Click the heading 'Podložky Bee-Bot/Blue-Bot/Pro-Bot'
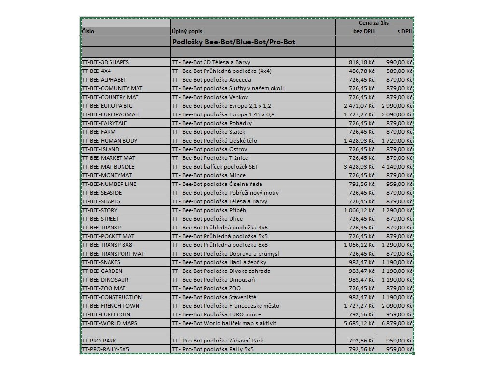(x=233, y=42)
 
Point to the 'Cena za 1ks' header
(x=374, y=23)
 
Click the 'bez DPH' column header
(x=364, y=31)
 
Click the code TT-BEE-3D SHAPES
(x=106, y=62)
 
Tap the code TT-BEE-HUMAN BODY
(x=110, y=141)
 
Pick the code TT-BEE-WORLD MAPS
(x=110, y=323)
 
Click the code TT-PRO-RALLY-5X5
(x=106, y=349)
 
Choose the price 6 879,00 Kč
(x=397, y=323)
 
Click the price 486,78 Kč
(x=362, y=71)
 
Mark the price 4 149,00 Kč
(x=397, y=167)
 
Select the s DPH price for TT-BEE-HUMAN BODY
(x=397, y=141)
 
